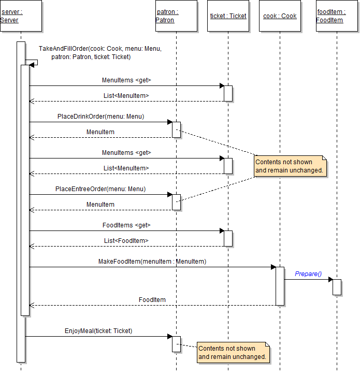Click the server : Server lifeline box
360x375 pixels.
21,16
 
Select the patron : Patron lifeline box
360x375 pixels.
176,16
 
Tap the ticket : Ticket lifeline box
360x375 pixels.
228,16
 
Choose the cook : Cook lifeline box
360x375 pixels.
280,16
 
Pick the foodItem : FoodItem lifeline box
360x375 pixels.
337,16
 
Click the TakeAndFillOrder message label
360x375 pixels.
100,53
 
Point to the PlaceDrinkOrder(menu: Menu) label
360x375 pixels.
100,117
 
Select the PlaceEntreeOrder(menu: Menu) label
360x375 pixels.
100,189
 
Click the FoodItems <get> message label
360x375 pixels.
126,225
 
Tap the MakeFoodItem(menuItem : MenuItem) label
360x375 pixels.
152,262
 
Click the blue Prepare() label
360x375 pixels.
308,274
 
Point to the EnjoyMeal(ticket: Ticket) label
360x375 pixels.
98,330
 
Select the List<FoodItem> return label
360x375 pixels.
126,241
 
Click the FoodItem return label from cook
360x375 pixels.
152,300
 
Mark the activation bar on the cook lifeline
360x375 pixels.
280,286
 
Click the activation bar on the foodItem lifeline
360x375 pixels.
337,287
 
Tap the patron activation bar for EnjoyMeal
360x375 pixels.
176,344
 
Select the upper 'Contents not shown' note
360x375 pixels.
291,166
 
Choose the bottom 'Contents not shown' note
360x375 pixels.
234,353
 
